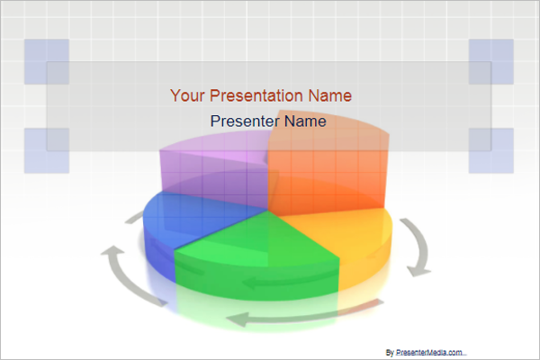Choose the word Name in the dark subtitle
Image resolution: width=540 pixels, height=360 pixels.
point(305,121)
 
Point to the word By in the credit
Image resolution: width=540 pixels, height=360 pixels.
point(390,352)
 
